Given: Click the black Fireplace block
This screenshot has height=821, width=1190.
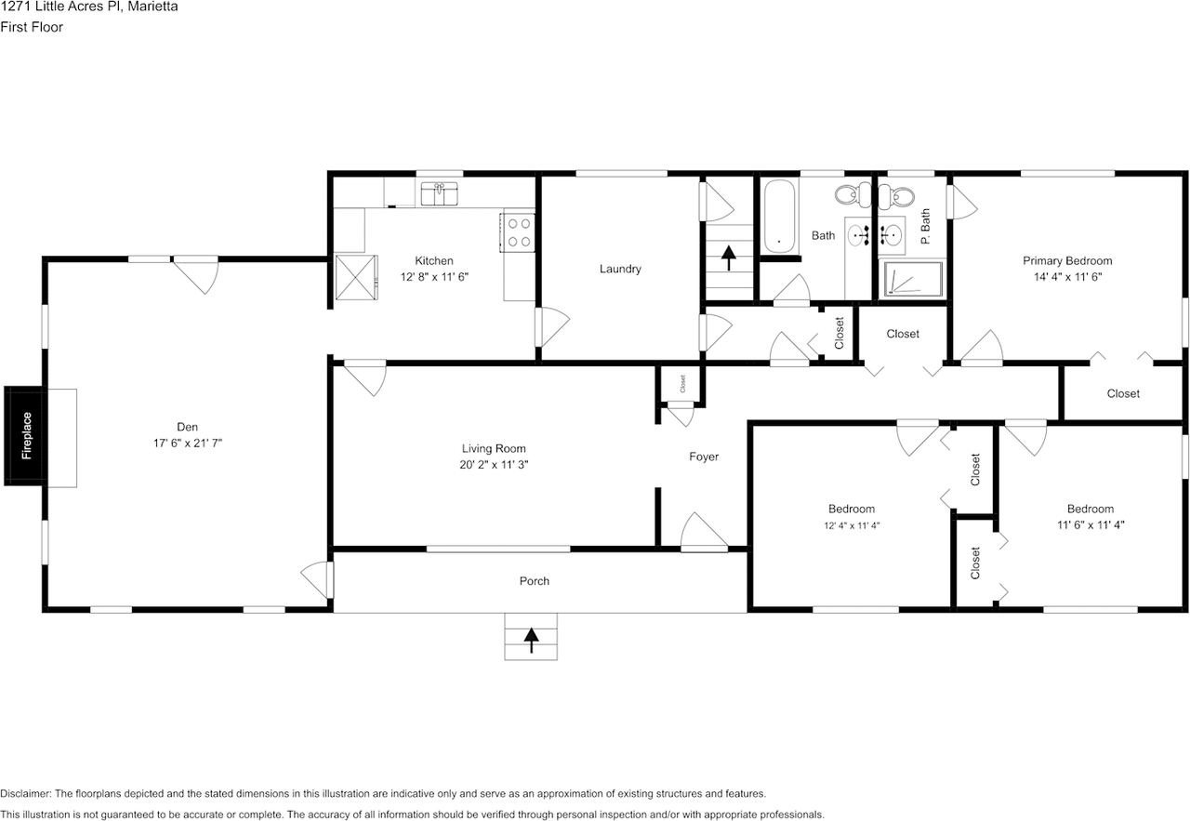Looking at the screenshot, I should (x=26, y=435).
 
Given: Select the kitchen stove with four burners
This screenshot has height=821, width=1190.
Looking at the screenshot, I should (x=519, y=232).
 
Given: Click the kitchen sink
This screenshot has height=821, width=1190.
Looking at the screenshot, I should (x=440, y=193).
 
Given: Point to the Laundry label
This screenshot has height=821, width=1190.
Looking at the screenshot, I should (x=620, y=270).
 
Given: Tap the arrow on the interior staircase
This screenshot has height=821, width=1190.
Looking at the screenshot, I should (x=728, y=257).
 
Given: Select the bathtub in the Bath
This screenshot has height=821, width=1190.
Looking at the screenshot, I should (x=779, y=217).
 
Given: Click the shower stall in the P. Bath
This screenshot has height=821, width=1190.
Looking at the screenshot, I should (x=912, y=279).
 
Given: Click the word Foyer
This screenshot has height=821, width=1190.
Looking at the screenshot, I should (x=704, y=457).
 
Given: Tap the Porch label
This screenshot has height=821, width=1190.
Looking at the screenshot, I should (x=535, y=581).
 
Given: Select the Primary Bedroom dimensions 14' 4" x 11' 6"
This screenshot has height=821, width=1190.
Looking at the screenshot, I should (x=1067, y=277).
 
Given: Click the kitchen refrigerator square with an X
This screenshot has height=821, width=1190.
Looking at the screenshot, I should (x=358, y=277).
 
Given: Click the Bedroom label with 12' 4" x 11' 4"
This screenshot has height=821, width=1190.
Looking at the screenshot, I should (x=852, y=510).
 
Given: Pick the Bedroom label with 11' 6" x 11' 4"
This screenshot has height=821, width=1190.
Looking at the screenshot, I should (x=1090, y=510).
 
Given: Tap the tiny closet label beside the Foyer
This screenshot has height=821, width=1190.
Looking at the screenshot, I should (x=681, y=382).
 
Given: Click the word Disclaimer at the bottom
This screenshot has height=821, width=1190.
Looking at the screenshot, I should (x=26, y=794).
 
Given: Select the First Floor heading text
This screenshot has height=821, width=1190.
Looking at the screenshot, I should (x=32, y=27).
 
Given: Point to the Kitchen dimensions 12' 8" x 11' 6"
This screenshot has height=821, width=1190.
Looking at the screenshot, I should (x=434, y=277).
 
